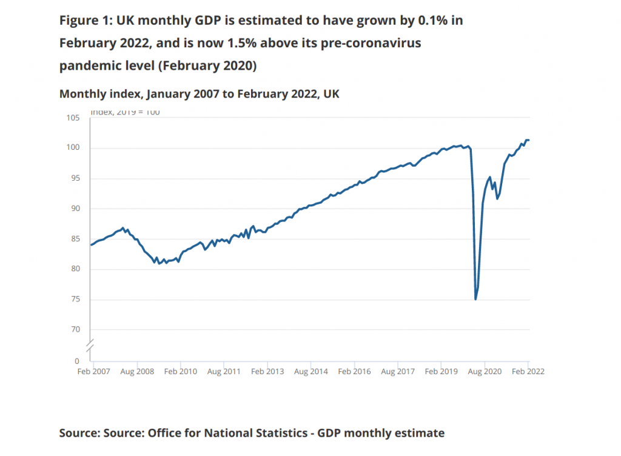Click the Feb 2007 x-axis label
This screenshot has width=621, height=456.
click(93, 372)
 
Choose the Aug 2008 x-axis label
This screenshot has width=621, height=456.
click(137, 372)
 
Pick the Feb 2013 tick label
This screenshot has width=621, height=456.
click(267, 372)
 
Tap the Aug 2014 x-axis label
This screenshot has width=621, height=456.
click(311, 372)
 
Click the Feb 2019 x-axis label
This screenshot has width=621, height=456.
click(441, 372)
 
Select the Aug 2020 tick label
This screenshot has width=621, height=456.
click(484, 372)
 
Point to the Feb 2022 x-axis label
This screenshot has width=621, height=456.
click(528, 372)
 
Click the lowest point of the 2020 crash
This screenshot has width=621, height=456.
click(475, 300)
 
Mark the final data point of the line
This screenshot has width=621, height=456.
click(529, 140)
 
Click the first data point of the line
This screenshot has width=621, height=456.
click(91, 245)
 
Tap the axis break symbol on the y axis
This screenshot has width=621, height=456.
click(90, 347)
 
